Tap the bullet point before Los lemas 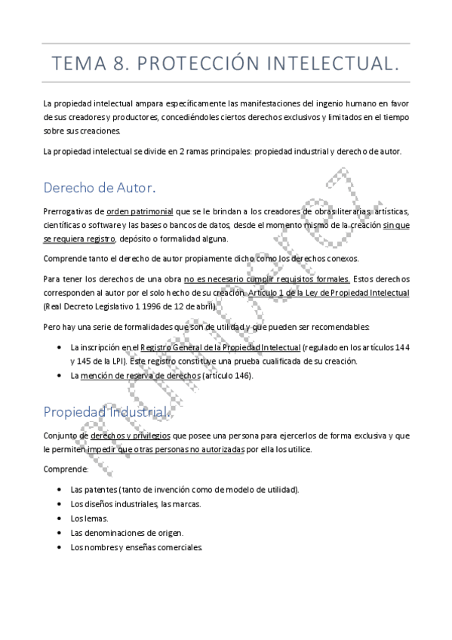60,518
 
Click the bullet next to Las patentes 60,490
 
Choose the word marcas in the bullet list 189,503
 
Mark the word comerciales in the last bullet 181,547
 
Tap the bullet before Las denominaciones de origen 60,533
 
